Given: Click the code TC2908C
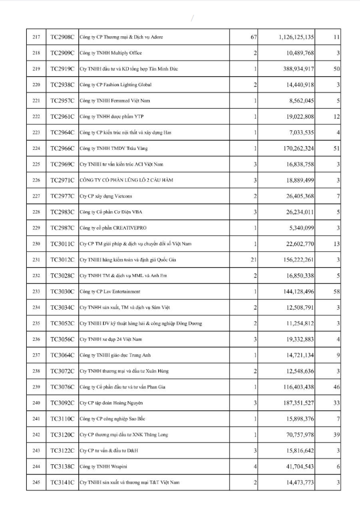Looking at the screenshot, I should pos(62,37).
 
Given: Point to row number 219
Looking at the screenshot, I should pos(36,69).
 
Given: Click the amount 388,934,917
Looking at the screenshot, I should pos(299,69).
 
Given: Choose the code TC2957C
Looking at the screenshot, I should pos(62,100).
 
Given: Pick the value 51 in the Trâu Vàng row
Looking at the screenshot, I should pos(336,148).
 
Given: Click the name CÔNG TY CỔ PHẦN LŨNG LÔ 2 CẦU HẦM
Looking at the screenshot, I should pos(126,180).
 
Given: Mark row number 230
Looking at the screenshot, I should pos(36,243).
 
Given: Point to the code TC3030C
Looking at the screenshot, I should pos(62,291).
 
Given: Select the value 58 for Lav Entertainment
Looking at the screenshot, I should pos(336,291).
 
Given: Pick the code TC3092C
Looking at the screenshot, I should pos(62,403).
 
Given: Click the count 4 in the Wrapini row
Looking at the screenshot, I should pos(255,466).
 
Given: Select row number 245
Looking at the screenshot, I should pos(36,482).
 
